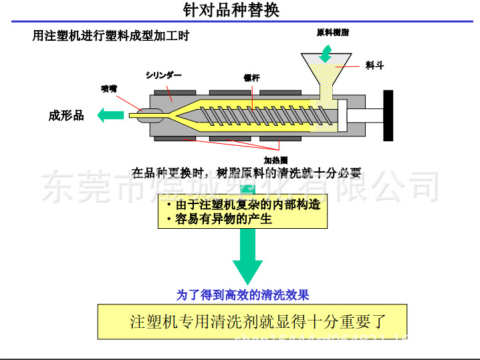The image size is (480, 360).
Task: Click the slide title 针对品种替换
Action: click(231, 11)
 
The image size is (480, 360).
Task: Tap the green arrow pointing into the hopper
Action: click(326, 51)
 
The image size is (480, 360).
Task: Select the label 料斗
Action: click(375, 66)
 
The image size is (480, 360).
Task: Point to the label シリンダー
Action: click(163, 76)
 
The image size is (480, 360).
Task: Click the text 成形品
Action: click(66, 116)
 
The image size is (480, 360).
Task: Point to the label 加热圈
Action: click(275, 161)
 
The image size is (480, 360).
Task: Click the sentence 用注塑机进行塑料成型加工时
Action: click(110, 36)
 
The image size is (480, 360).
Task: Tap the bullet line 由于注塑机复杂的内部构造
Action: click(243, 205)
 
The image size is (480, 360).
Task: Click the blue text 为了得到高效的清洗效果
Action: click(243, 294)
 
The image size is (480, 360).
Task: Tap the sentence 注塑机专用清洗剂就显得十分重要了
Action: click(258, 321)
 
